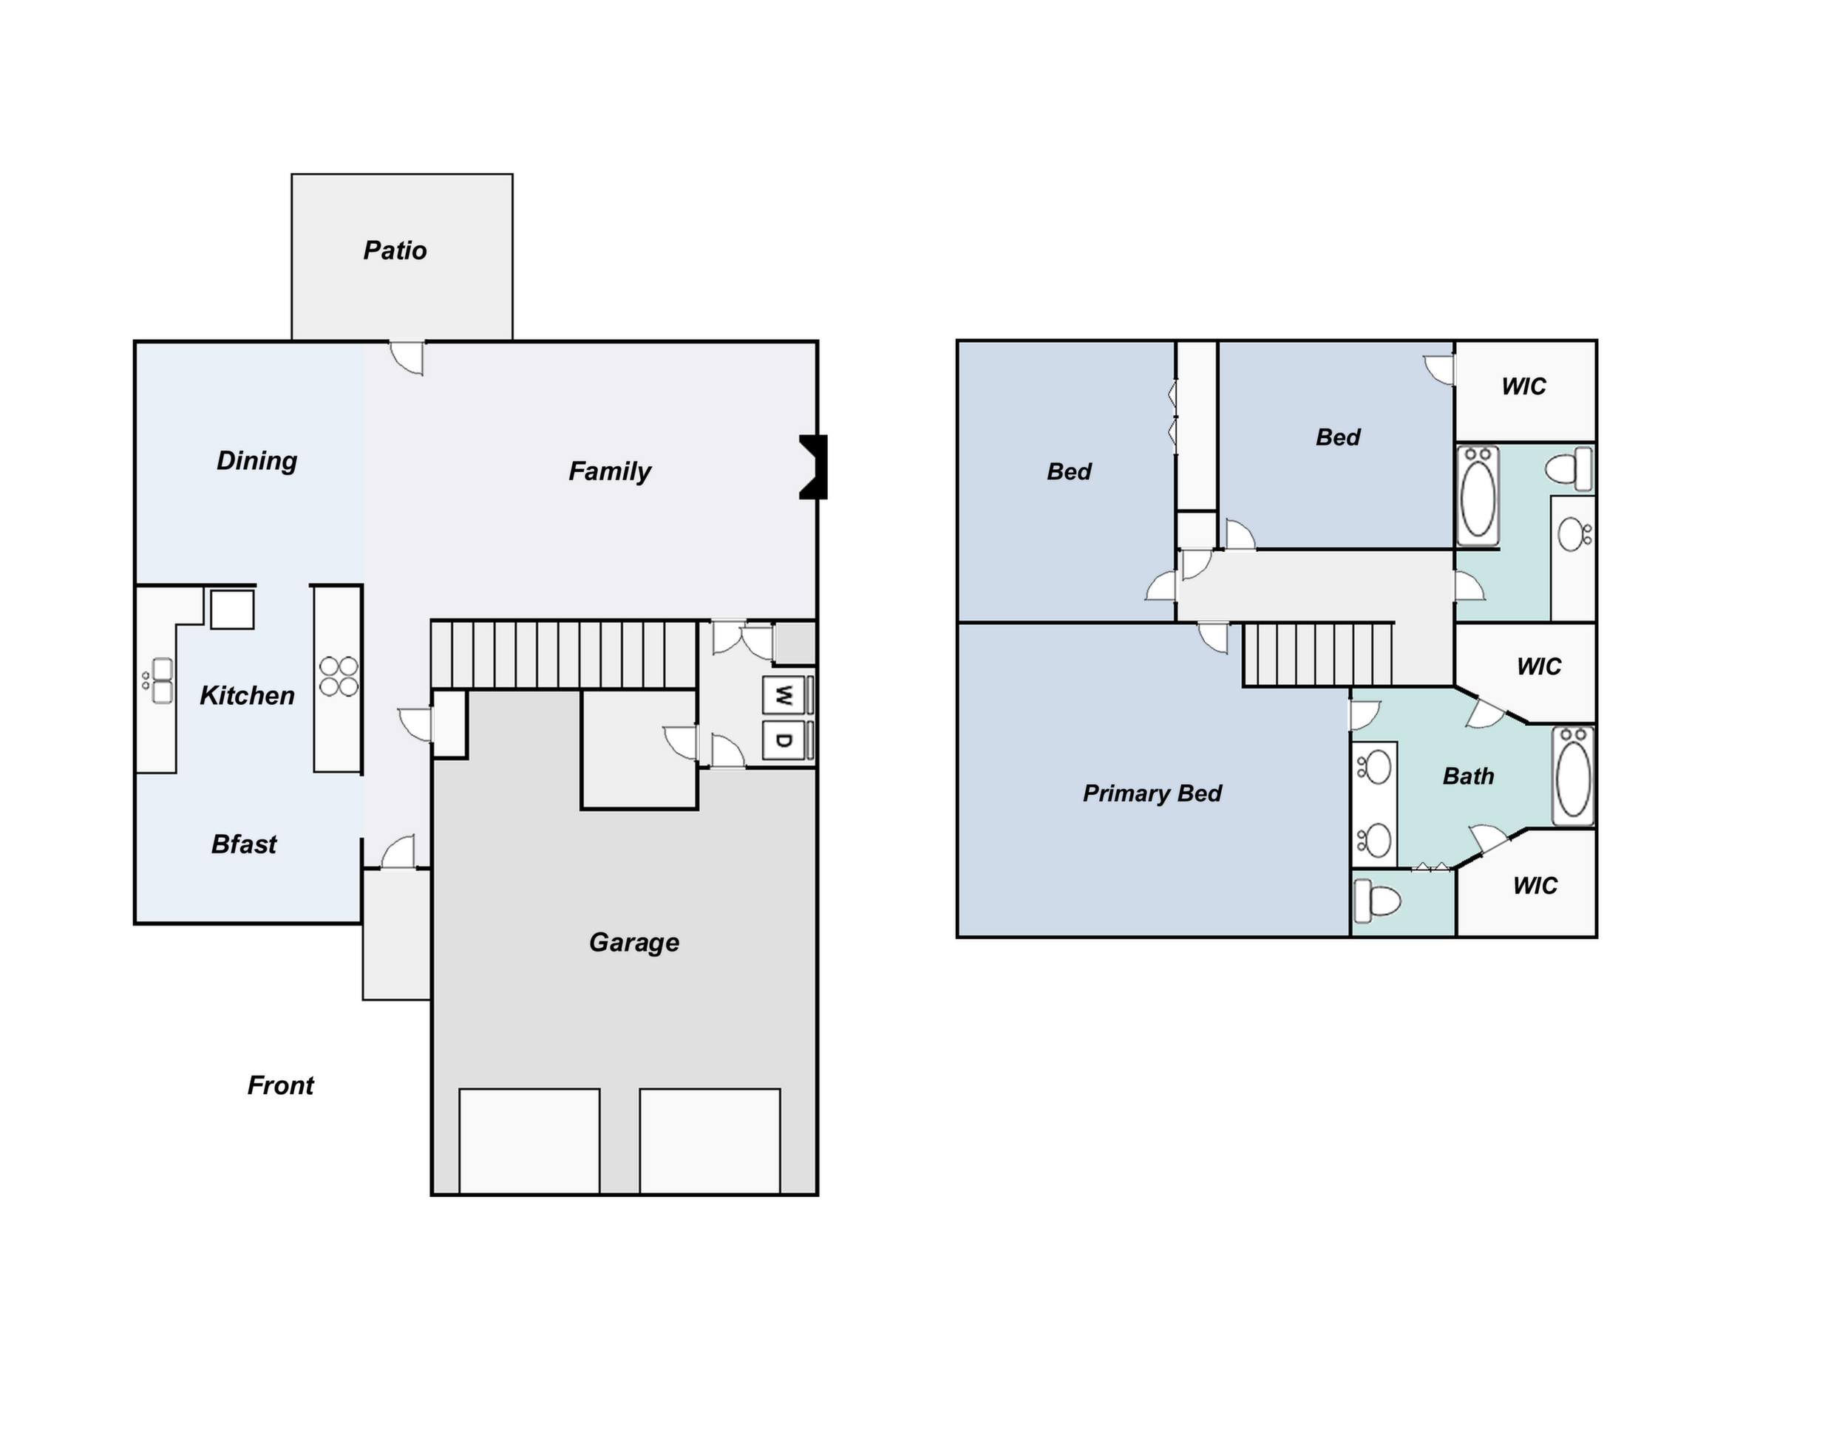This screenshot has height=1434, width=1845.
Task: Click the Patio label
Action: click(395, 251)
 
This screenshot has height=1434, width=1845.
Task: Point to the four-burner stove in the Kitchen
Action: click(339, 677)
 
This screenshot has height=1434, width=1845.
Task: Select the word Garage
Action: click(633, 943)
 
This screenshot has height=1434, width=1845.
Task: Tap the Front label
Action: click(280, 1085)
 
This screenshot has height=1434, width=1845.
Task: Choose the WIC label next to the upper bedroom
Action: click(1523, 387)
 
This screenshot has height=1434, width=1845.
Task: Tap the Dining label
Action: click(256, 461)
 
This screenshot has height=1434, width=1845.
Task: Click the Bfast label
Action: click(243, 844)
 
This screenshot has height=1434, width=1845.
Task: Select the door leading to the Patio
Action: click(407, 358)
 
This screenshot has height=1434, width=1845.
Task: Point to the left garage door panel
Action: click(530, 1141)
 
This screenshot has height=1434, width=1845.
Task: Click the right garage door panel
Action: click(710, 1141)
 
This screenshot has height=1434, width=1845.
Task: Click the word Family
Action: click(609, 471)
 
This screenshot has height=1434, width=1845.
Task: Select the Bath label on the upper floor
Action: click(1468, 776)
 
